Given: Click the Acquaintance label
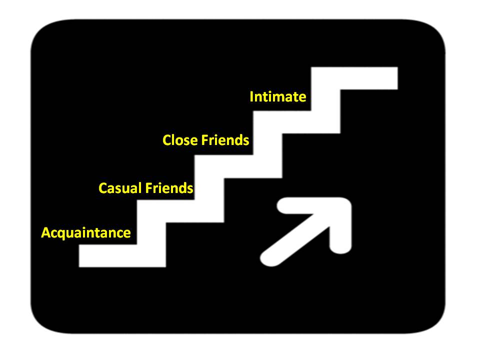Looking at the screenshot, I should [x=86, y=233].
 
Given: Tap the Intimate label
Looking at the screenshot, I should [x=277, y=96].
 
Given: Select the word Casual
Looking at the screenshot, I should [x=120, y=188].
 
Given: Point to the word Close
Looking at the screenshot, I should [x=180, y=140].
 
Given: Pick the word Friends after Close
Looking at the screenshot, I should [x=225, y=140].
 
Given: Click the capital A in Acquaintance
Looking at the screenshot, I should [x=46, y=233].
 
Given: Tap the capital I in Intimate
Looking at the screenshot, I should [x=252, y=96].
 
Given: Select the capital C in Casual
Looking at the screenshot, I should [x=103, y=188].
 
